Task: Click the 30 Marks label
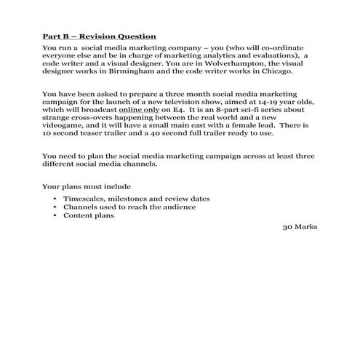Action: (x=299, y=225)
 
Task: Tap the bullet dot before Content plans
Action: (x=56, y=215)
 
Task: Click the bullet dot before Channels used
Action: (x=56, y=207)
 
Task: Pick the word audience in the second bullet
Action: (x=179, y=207)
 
